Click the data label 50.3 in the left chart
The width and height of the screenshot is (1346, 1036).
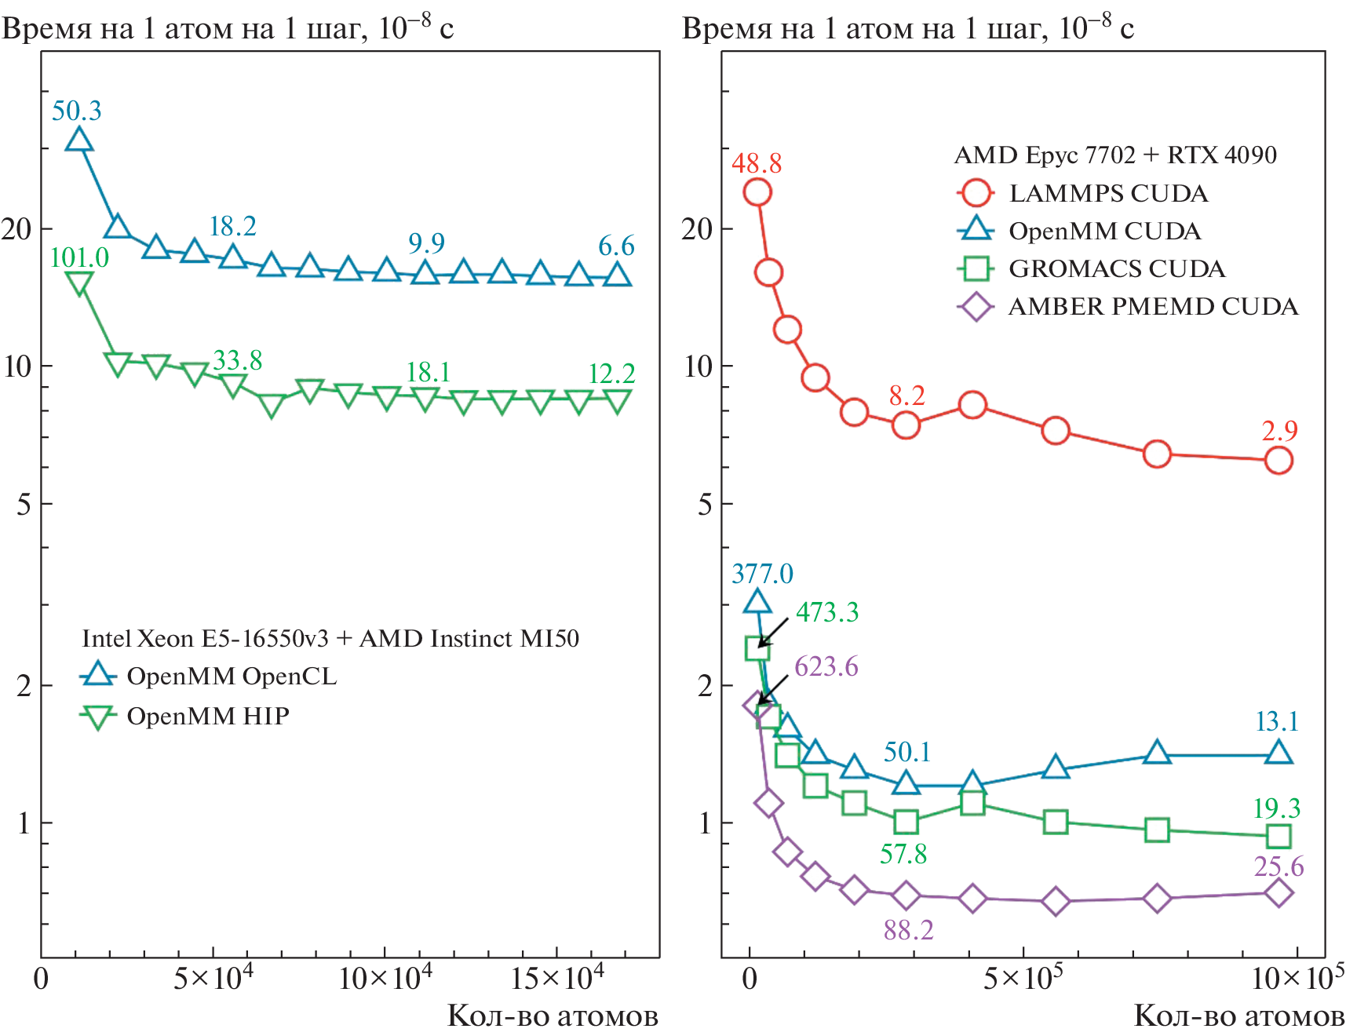point(77,111)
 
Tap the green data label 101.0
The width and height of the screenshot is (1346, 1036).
point(79,257)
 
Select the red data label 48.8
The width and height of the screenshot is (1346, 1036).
point(757,163)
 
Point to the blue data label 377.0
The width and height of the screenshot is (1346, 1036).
point(762,574)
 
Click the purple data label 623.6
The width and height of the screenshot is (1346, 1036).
point(826,666)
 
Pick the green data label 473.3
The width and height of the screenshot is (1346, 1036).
point(827,612)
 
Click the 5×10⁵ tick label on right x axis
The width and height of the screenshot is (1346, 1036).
point(1023,978)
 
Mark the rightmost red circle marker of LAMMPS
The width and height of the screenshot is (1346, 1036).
point(1279,460)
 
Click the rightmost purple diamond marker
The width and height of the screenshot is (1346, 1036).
point(1279,892)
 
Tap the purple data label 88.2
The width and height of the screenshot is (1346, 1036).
point(908,930)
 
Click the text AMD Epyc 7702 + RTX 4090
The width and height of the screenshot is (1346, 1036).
point(1114,155)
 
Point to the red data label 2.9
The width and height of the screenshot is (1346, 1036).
point(1279,431)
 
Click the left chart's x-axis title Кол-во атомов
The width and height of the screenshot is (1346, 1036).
point(553,1016)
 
